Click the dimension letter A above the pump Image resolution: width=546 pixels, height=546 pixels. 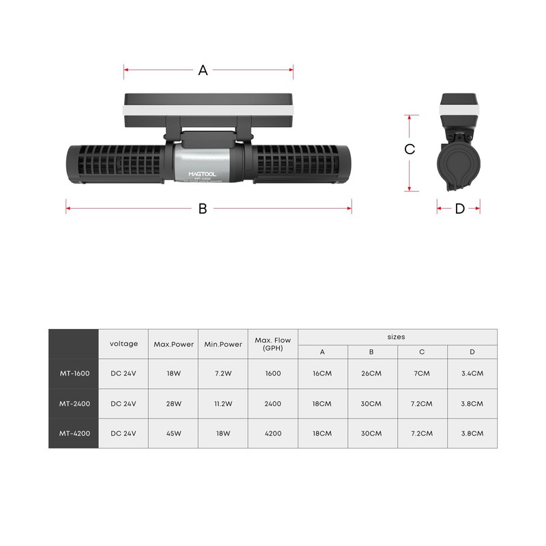coord(203,70)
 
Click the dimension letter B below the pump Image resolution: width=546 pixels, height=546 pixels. coord(203,209)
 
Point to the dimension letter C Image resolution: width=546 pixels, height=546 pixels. coord(409,149)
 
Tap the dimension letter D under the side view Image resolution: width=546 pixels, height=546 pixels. coord(459,209)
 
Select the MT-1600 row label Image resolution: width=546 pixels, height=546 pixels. coord(73,373)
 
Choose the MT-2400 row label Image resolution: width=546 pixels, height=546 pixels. coord(73,403)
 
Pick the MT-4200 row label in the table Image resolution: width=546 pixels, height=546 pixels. coord(73,433)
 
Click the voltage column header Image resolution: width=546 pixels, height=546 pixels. coord(124,344)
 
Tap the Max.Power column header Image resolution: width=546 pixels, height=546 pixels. coord(173,345)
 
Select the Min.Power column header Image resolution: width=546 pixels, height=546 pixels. coord(223,345)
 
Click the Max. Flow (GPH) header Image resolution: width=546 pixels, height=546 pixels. coord(273,343)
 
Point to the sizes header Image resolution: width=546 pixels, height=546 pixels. coord(396,336)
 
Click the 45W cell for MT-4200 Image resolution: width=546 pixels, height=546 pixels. coord(173,433)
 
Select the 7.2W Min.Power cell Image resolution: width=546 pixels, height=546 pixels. coord(223,373)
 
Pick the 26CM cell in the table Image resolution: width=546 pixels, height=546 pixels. coord(372,373)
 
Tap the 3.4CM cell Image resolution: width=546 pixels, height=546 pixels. coord(472,373)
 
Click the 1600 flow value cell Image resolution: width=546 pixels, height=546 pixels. coord(273,373)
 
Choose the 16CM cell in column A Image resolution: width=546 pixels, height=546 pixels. coord(322,373)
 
